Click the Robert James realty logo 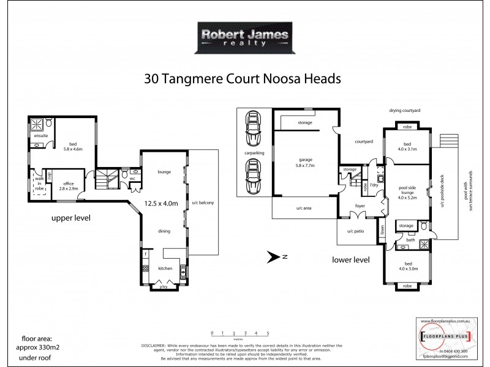tap(245, 39)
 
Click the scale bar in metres tap(239, 334)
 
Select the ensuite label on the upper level tap(41, 135)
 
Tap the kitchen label tap(164, 268)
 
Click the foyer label tap(360, 206)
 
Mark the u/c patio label tap(356, 231)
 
